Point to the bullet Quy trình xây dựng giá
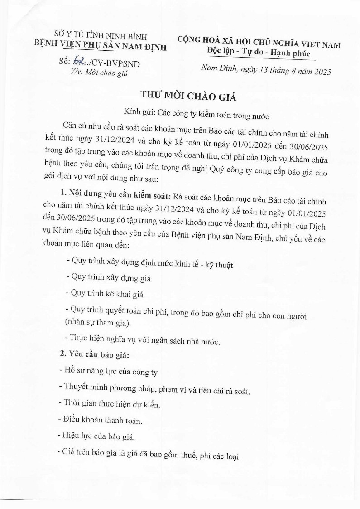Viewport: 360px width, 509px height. [x=109, y=278]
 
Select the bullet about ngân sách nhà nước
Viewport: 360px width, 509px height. [x=143, y=340]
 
